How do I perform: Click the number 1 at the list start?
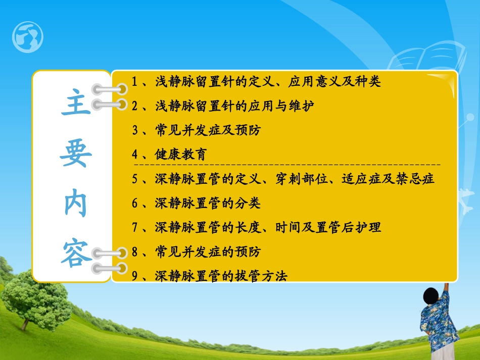click(135, 81)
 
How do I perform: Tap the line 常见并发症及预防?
click(208, 130)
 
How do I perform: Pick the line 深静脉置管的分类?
click(208, 203)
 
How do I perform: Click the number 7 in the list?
click(135, 228)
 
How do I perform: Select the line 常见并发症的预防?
click(208, 251)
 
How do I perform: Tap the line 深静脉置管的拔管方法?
click(221, 276)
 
